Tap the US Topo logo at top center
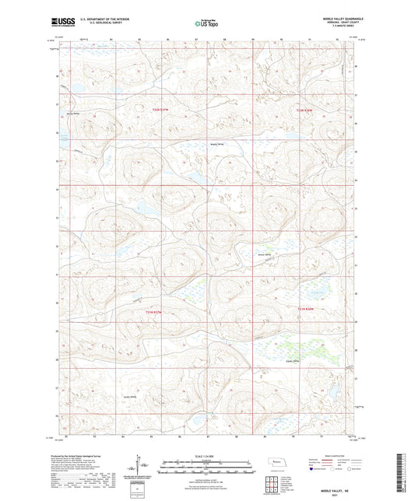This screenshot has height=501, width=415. (206, 24)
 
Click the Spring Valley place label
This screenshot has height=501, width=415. (74, 114)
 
